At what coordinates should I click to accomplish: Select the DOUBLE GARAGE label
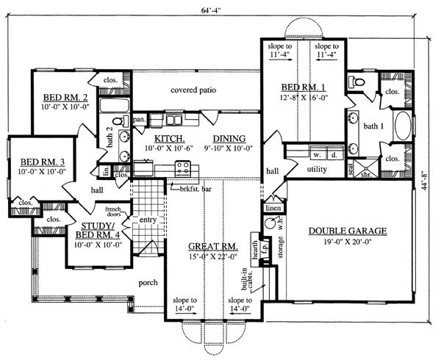(x=346, y=231)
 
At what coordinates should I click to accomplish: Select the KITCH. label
(x=168, y=138)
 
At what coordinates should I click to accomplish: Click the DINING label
(x=229, y=138)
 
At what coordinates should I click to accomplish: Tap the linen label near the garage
(x=271, y=208)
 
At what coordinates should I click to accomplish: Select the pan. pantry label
(x=137, y=118)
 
